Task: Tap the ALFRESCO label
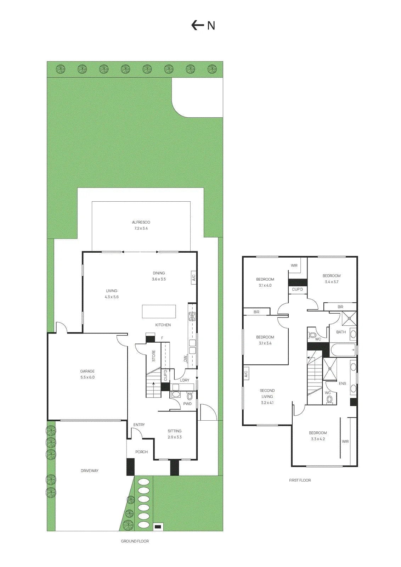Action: coord(141,222)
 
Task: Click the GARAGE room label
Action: coord(87,371)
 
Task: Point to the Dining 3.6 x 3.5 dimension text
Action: coord(159,279)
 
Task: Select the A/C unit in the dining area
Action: coord(194,278)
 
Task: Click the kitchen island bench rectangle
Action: coord(159,311)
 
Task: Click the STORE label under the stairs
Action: coord(154,356)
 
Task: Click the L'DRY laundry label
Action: coord(185,380)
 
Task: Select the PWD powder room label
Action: coord(187,404)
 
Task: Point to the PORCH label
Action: coord(141,452)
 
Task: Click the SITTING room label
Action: coord(175,431)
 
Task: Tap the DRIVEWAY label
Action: coord(90,471)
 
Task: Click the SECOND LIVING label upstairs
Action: coord(267,393)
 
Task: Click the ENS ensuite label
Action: coord(342,383)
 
